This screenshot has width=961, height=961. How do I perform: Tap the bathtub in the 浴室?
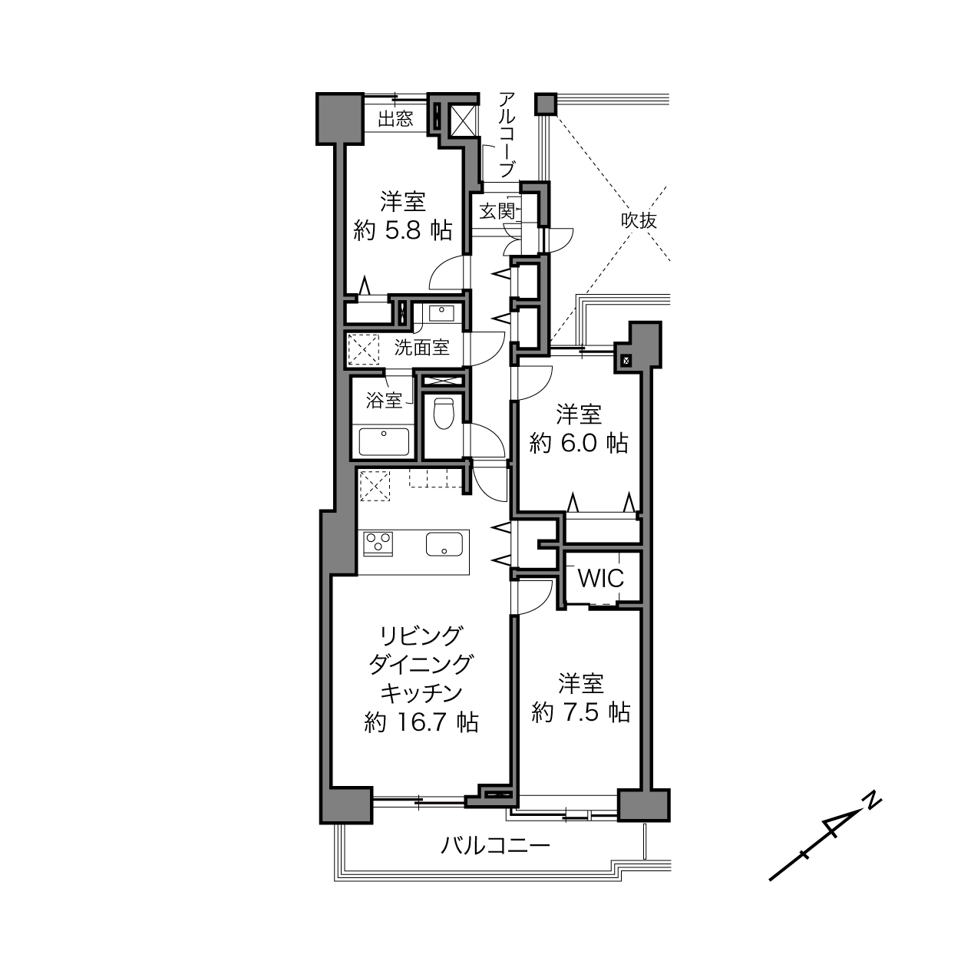click(384, 442)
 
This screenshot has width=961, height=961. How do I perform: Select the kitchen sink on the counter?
click(444, 543)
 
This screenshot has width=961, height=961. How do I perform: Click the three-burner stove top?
click(378, 543)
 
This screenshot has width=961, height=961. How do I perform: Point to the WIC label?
click(600, 579)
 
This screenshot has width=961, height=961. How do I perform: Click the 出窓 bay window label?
click(395, 119)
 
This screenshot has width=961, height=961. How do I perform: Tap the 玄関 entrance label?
click(497, 211)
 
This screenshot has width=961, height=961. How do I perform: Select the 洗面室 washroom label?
click(422, 347)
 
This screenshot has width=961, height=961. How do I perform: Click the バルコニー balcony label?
click(495, 845)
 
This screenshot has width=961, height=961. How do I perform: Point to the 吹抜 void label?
click(639, 220)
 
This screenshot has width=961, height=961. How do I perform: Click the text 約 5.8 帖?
click(402, 231)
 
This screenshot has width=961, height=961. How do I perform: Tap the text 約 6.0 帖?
click(579, 443)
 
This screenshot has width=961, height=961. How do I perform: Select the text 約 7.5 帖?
click(581, 712)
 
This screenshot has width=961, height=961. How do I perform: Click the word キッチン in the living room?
click(421, 692)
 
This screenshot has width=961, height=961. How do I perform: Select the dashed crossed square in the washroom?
click(364, 349)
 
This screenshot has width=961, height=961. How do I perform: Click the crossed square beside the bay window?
click(462, 121)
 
